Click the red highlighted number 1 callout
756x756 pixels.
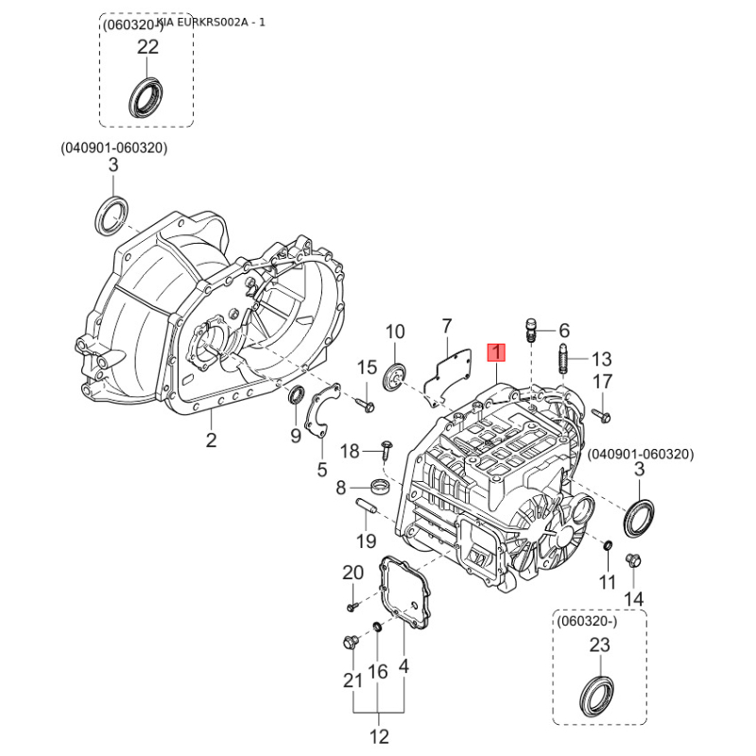pos(496,352)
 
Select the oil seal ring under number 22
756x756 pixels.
pos(146,98)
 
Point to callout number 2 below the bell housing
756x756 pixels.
pos(212,439)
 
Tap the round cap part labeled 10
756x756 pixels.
pos(395,375)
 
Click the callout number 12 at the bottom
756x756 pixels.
pos(379,736)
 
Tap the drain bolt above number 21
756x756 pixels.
pos(352,644)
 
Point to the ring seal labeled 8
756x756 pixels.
pos(379,488)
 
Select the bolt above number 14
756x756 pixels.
pos(635,559)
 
